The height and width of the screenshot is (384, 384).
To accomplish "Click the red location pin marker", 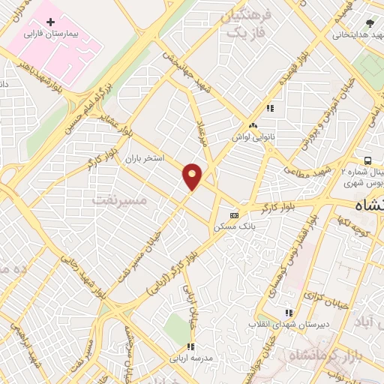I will pyautogui.click(x=192, y=176).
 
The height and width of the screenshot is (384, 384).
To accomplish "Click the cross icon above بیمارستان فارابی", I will pyautogui.click(x=51, y=23).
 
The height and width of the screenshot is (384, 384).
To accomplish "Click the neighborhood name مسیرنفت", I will pyautogui.click(x=121, y=200).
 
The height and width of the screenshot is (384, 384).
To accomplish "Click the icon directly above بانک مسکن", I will pyautogui.click(x=235, y=213).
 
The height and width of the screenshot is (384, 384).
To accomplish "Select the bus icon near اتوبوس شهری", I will pyautogui.click(x=367, y=160).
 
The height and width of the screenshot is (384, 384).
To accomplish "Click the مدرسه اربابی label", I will pyautogui.click(x=190, y=358).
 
